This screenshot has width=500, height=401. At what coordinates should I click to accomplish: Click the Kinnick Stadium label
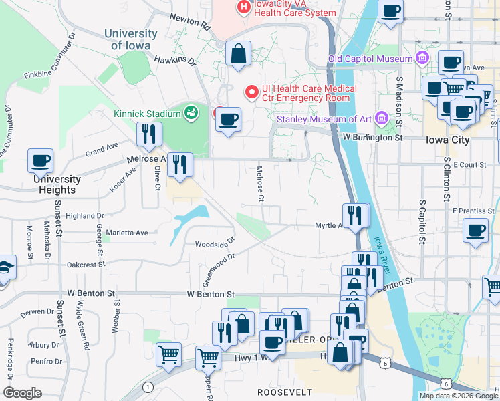point(147,114)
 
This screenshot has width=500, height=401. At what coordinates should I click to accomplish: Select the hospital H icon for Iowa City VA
point(244,7)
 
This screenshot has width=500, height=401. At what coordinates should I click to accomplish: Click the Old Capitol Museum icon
point(422,59)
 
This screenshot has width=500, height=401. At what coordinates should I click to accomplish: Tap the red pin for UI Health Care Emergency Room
point(251,92)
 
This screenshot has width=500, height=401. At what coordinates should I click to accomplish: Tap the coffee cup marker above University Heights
point(40,161)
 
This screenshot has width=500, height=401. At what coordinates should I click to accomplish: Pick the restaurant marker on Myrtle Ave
point(354,215)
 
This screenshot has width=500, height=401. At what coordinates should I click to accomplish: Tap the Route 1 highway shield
point(147,387)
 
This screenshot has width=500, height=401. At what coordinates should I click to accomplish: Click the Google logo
point(22,393)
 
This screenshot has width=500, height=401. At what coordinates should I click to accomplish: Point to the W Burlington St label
point(373,137)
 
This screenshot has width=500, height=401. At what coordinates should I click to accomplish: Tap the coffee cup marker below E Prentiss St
point(475,231)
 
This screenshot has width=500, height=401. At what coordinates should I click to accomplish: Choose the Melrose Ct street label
point(260,184)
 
